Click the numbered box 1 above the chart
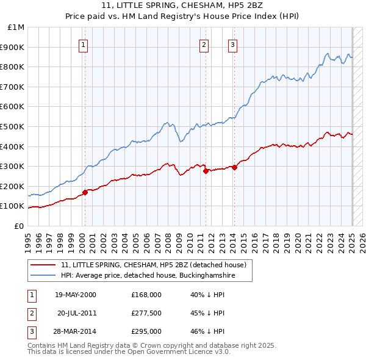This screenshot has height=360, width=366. coord(83,44)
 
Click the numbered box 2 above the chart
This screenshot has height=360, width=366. coord(203,44)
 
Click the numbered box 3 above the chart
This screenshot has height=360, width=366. coord(232,44)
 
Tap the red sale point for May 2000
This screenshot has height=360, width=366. coord(85,192)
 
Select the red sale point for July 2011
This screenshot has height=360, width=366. coord(206,171)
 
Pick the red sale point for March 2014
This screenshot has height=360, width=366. coord(235,167)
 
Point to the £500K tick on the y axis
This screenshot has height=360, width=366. coord(13,126)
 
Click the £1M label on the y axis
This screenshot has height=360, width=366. coord(16,27)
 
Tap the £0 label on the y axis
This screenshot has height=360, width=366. coord(19,226)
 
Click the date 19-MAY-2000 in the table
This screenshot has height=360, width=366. coord(75,295)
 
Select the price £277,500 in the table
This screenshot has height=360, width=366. coord(146,313)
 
